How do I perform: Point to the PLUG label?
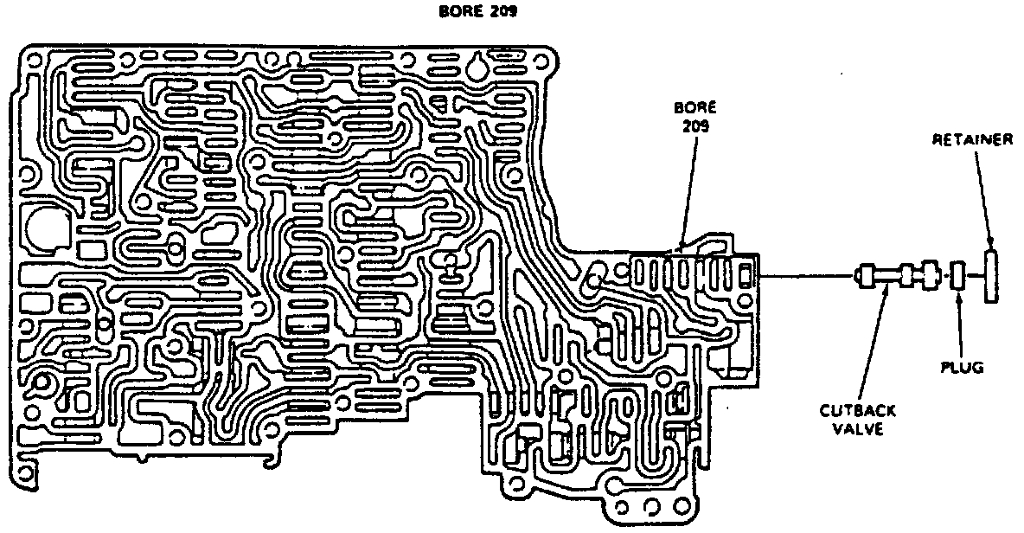click(963, 369)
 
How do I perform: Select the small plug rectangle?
click(957, 277)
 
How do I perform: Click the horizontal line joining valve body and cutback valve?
click(804, 277)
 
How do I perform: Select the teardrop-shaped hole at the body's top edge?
click(476, 68)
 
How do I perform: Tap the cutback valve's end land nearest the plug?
click(931, 277)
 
